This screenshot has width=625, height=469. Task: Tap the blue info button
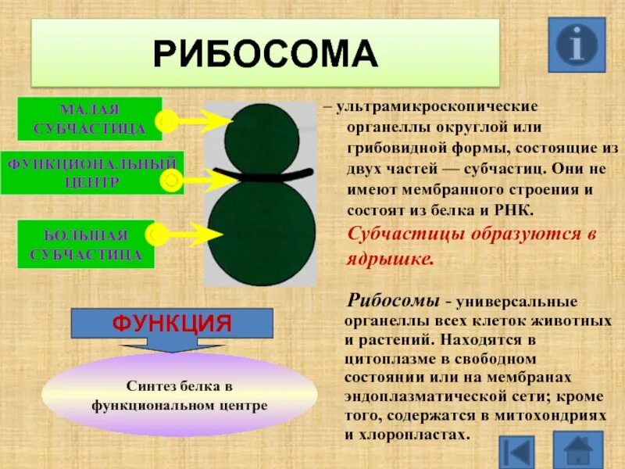577,45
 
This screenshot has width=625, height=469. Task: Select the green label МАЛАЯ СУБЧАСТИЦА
89,118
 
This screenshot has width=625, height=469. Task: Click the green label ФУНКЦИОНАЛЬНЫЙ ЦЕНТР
91,172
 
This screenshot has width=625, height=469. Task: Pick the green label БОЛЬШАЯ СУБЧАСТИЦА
86,244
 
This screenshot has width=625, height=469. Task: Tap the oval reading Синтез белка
179,396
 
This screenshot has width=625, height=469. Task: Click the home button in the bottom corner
577,451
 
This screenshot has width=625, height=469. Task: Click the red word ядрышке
388,260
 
